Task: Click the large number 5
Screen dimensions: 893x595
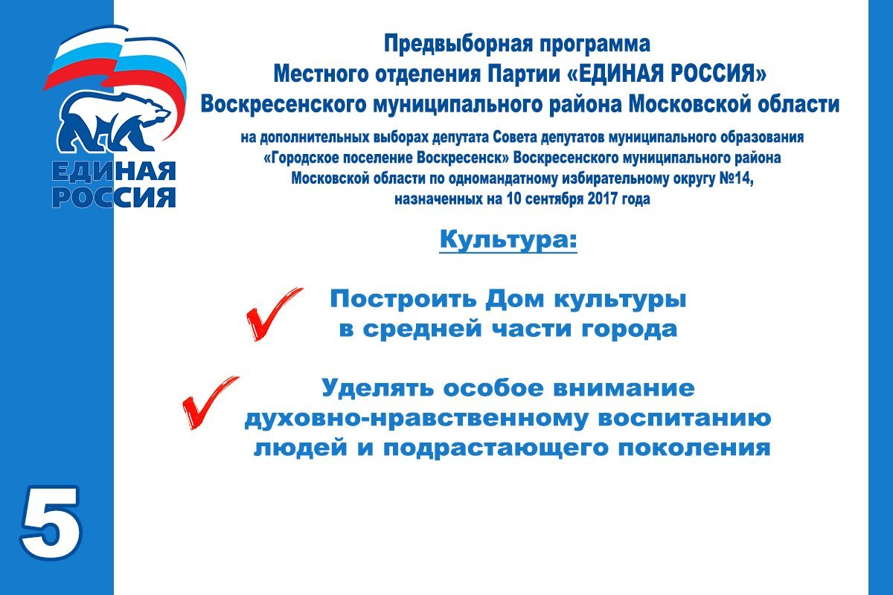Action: (51, 523)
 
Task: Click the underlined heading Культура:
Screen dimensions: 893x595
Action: (508, 240)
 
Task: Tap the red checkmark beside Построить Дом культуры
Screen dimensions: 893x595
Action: (275, 314)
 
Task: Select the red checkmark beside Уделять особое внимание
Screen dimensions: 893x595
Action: (210, 402)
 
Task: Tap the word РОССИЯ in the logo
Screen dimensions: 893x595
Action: (114, 197)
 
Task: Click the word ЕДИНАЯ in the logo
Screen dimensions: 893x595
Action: (114, 172)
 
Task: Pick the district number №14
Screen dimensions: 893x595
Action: (736, 178)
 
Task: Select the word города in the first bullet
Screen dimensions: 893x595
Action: (630, 330)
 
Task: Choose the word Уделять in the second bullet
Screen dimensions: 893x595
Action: (377, 387)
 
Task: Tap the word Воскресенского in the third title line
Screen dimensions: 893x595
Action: (284, 104)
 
